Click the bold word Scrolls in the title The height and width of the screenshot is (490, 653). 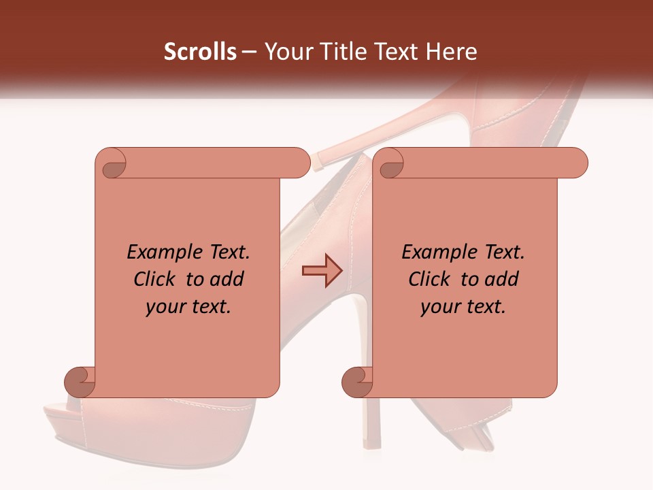pos(201,52)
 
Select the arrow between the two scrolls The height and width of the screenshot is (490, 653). pos(322,270)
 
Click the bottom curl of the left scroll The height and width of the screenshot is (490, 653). pos(80,382)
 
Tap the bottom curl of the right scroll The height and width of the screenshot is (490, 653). pos(357,382)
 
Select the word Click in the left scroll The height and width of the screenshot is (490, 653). pos(156,279)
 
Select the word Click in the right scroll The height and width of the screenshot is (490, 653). pos(431,279)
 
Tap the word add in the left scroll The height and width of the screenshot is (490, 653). pos(227,279)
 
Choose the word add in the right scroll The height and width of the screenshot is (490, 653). pos(501,279)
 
